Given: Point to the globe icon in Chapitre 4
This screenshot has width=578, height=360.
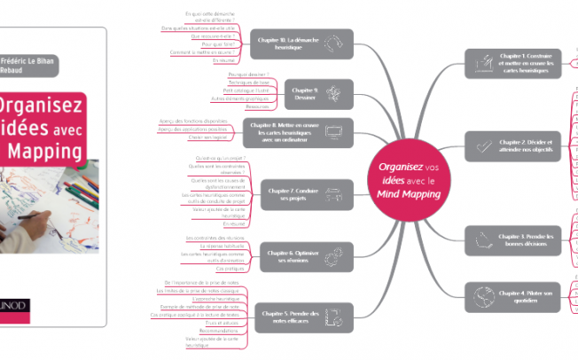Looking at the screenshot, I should pyautogui.click(x=485, y=294).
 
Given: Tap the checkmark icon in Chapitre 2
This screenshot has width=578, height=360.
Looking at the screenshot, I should pyautogui.click(x=484, y=145).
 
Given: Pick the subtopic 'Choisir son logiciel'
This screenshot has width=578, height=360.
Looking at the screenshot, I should pyautogui.click(x=207, y=138).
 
